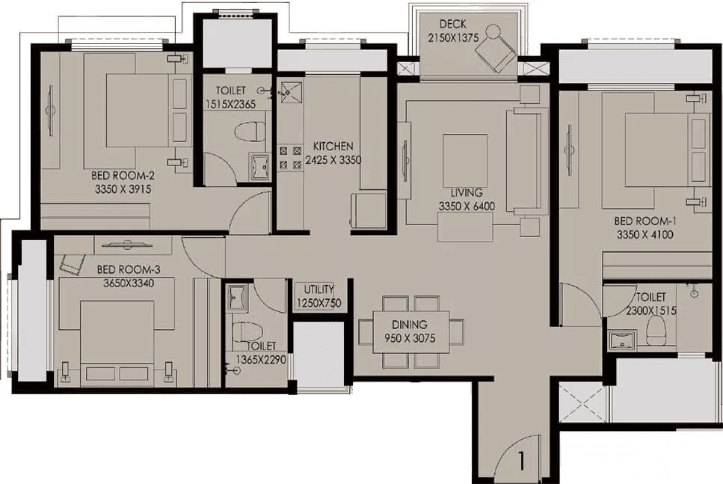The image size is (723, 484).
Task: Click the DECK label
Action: pyautogui.click(x=452, y=23)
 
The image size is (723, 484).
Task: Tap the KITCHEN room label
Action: pyautogui.click(x=333, y=147)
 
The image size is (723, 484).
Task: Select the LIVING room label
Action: pyautogui.click(x=467, y=192)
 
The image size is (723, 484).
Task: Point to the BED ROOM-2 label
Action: pyautogui.click(x=123, y=175)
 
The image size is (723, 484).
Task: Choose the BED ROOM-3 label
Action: pyautogui.click(x=129, y=269)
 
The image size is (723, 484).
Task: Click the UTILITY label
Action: pyautogui.click(x=319, y=290)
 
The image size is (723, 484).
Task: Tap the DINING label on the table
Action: pyautogui.click(x=410, y=325)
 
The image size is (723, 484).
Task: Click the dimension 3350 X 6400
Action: pyautogui.click(x=467, y=206)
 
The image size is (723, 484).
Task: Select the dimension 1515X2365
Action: pyautogui.click(x=230, y=104)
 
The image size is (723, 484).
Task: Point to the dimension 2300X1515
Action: pyautogui.click(x=651, y=311)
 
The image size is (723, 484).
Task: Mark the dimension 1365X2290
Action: pyautogui.click(x=261, y=359)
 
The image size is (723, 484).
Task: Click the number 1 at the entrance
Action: pyautogui.click(x=521, y=461)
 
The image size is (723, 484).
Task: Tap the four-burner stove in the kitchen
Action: pyautogui.click(x=290, y=157)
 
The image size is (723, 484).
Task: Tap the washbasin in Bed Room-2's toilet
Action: pyautogui.click(x=261, y=167)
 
